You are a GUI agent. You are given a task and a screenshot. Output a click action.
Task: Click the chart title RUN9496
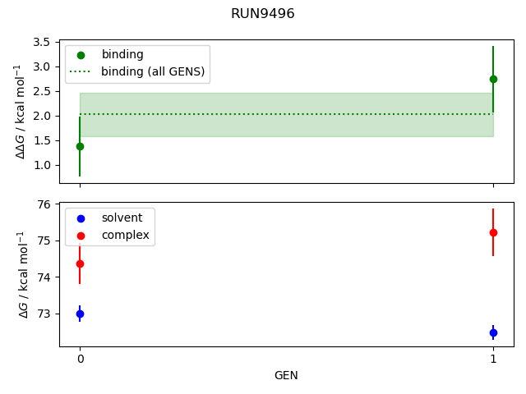pos(263,14)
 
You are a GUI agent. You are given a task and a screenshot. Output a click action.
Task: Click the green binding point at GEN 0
pos(80,146)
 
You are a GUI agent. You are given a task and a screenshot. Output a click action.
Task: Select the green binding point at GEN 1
pos(493,79)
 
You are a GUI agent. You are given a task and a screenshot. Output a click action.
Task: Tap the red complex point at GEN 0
pos(80,263)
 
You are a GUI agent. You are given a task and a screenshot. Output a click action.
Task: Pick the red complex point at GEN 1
pos(493,232)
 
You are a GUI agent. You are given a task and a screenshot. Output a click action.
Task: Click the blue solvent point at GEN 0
pos(80,314)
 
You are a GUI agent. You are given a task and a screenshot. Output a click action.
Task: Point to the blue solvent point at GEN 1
pos(493,332)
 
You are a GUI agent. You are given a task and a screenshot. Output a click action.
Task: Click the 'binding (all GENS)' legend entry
pos(153,71)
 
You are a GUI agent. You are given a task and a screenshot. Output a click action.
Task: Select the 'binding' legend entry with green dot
pos(122,54)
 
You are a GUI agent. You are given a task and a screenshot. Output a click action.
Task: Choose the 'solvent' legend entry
pos(122,218)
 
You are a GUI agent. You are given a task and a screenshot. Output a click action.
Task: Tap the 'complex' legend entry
pos(125,235)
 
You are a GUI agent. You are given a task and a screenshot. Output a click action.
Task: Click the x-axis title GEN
pos(286,375)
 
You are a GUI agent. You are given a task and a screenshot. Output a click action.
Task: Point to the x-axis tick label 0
pos(80,359)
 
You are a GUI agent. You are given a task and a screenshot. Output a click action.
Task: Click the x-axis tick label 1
pos(493,359)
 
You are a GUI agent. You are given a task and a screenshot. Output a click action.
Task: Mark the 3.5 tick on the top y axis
pos(43,42)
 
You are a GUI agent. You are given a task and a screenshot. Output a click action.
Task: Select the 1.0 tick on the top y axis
pos(43,165)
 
